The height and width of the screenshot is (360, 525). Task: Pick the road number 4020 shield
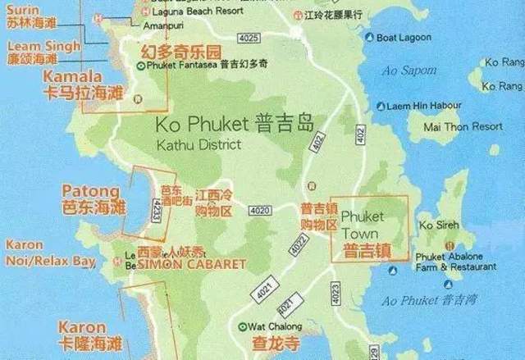pyautogui.click(x=260, y=211)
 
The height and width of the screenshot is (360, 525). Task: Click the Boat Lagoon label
pyautogui.click(x=400, y=37)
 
